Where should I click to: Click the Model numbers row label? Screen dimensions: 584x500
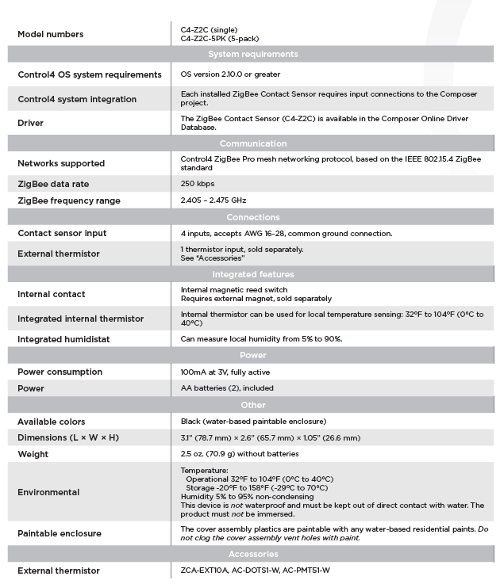50,35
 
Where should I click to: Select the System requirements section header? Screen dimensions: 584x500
252,55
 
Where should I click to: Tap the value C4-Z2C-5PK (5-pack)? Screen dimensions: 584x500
219,39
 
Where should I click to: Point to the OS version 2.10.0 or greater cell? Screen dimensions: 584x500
230,74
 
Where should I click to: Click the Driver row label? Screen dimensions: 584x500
31,124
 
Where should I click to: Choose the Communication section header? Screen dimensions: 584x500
252,143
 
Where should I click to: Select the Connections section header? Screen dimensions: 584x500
252,217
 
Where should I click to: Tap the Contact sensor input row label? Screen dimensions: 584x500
62,234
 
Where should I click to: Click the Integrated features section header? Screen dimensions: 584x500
252,274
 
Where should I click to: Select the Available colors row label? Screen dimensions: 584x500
52,422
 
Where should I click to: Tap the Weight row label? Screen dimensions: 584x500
33,454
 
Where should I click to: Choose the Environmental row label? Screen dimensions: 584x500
48,492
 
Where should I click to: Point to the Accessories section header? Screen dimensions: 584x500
252,554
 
